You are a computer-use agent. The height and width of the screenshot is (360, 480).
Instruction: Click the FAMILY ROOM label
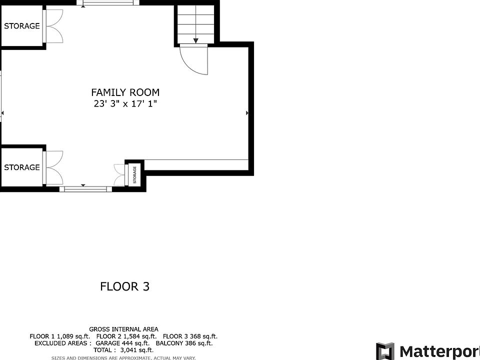[x=125, y=92]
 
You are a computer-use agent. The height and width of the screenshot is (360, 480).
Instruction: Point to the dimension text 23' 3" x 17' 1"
[x=125, y=104]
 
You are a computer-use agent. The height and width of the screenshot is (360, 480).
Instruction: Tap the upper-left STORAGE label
[x=21, y=26]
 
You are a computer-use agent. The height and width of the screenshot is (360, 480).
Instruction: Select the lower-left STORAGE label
[x=21, y=167]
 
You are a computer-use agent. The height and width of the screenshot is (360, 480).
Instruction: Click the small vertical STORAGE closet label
[x=134, y=175]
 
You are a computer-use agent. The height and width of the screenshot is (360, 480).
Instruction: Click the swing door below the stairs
[x=194, y=60]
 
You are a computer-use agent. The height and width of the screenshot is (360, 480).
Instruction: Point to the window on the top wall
[x=108, y=3]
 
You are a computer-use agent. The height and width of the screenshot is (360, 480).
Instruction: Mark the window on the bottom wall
[x=85, y=189]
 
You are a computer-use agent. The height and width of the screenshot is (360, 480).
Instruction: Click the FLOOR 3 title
[x=125, y=286]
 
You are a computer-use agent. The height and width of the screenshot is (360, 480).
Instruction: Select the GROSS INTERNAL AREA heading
[x=123, y=329]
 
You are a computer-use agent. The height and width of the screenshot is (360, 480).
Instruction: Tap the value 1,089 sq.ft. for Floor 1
[x=73, y=336]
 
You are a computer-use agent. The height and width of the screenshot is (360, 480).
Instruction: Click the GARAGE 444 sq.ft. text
[x=122, y=343]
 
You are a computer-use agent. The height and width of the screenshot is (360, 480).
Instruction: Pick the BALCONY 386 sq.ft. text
[x=184, y=343]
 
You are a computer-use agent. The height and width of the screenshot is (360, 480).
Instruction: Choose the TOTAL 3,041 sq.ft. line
[x=123, y=350]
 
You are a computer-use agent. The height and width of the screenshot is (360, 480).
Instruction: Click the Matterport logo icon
[x=385, y=351]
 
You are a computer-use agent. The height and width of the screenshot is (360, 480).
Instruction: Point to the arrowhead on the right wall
[x=247, y=113]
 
